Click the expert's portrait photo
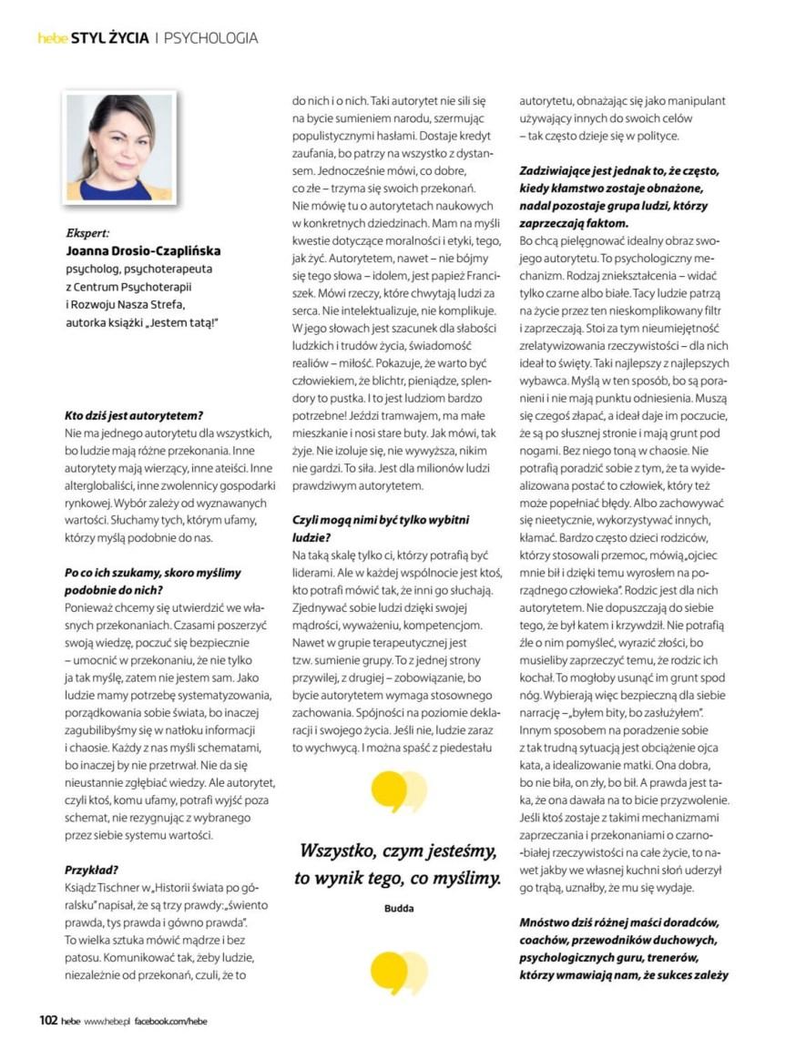pos(119,146)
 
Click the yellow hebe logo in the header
pos(53,38)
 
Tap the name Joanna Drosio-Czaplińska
pos(143,250)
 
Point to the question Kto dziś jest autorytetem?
pos(133,415)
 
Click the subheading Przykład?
pos(93,869)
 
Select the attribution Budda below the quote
pos(398,908)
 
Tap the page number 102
pos(48,1021)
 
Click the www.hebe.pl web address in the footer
pos(107,1022)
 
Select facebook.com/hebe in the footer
pos(170,1022)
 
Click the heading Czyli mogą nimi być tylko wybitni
pos(380,519)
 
